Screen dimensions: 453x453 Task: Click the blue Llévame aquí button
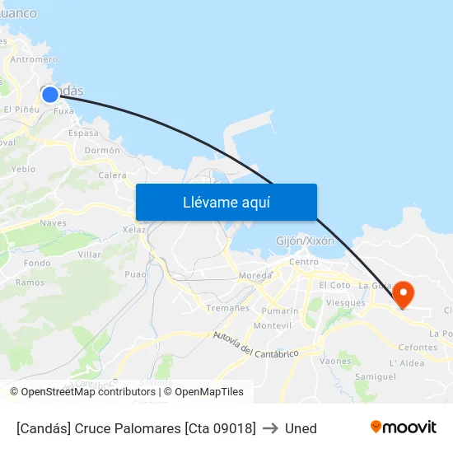click(x=226, y=202)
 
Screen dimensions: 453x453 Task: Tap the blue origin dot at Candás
click(x=50, y=94)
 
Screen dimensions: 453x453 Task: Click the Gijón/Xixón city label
click(x=305, y=241)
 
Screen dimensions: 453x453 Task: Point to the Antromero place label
click(x=34, y=59)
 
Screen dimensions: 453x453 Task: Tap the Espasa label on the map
click(x=83, y=133)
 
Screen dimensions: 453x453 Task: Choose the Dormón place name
click(x=102, y=151)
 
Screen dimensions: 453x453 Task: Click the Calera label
click(x=113, y=175)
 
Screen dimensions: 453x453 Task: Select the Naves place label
click(x=53, y=222)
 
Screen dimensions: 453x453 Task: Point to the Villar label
click(x=89, y=255)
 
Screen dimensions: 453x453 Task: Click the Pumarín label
click(x=279, y=311)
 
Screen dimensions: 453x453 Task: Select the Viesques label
click(x=345, y=303)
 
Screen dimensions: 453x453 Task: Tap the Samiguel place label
click(x=375, y=376)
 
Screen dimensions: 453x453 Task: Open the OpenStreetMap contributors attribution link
click(x=88, y=392)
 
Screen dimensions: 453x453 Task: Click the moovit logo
click(x=403, y=427)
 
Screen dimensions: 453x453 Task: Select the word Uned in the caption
click(x=301, y=428)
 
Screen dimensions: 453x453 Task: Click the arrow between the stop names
click(x=270, y=428)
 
